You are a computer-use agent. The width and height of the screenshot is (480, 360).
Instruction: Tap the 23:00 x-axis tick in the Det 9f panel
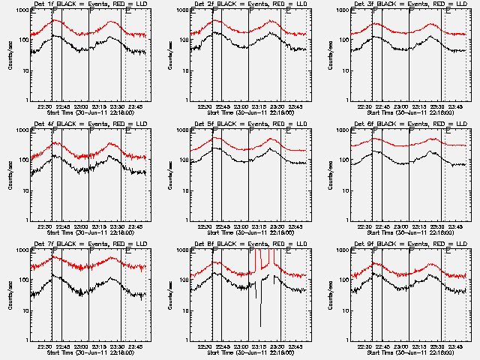point(403,346)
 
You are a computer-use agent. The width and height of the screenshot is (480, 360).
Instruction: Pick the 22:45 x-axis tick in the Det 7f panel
point(62,346)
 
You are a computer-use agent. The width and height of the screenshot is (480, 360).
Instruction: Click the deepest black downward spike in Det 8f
point(260,325)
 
